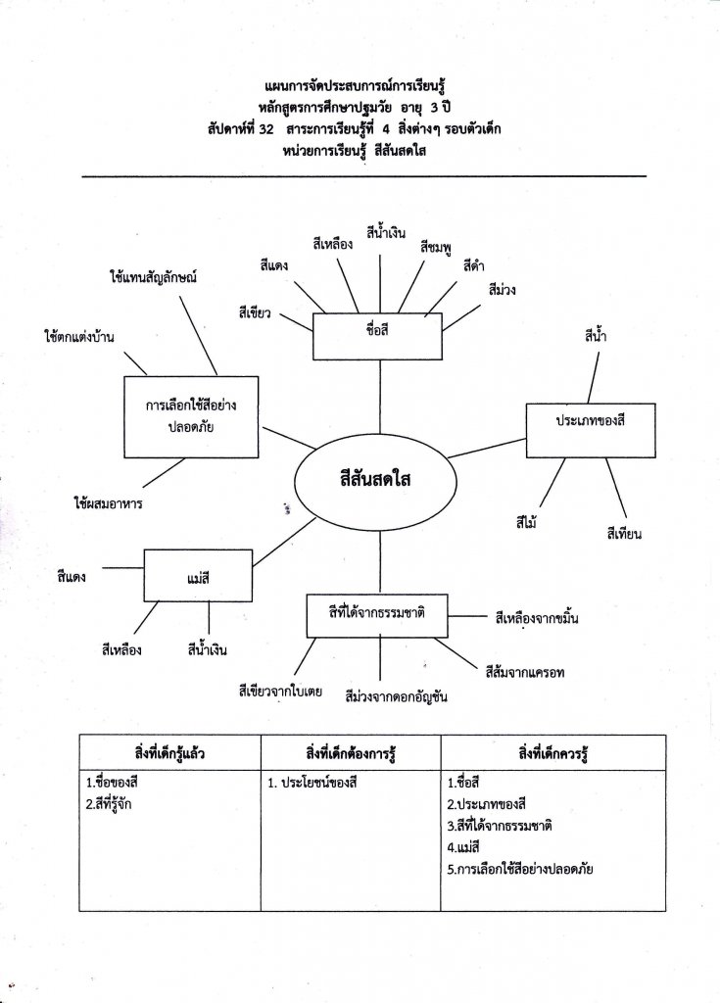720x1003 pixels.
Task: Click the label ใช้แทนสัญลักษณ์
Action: point(154,277)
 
